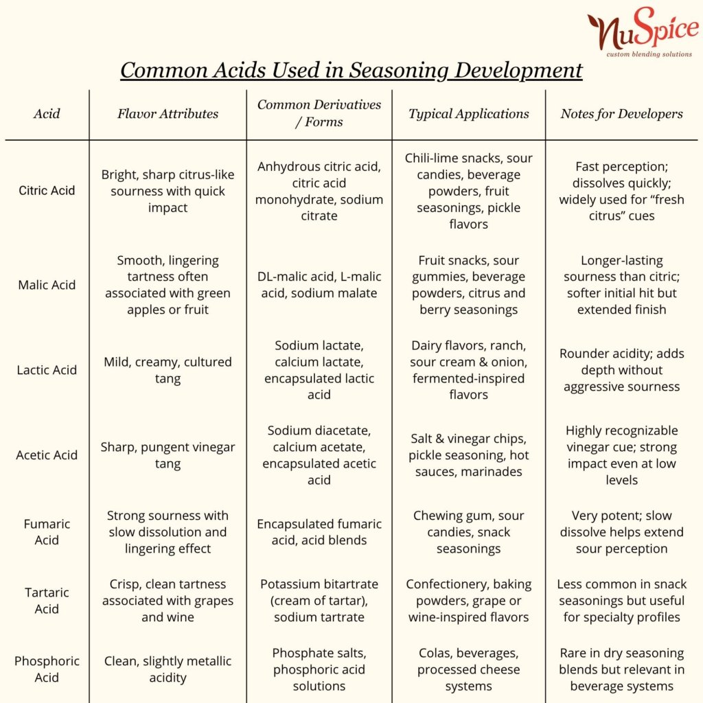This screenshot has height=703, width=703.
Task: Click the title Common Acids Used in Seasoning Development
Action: point(351,70)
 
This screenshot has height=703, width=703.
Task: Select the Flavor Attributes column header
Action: point(168,114)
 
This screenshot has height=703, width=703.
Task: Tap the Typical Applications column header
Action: point(469,114)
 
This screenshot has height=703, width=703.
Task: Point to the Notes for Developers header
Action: point(621,114)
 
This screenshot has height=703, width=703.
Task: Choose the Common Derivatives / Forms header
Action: point(319,113)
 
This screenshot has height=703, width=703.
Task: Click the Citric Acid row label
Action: point(47,191)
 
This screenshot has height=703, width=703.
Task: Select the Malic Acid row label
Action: point(47,285)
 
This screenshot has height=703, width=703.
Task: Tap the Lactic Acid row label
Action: point(47,370)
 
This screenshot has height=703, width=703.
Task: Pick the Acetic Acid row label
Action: point(47,455)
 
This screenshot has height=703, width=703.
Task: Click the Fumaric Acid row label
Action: point(47,532)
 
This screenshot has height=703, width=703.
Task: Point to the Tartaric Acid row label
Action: point(47,601)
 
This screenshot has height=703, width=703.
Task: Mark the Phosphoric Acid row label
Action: point(47,669)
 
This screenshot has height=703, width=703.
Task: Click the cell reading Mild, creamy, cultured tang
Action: point(168,370)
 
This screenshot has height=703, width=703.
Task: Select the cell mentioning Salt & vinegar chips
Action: point(469,455)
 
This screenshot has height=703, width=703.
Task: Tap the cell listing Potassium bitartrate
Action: point(319,601)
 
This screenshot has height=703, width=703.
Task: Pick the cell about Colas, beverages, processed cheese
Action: point(469,669)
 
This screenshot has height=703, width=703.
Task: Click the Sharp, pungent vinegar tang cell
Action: point(168,455)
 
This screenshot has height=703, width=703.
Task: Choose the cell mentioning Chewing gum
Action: point(469,532)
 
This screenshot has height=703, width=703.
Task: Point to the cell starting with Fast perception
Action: point(621,191)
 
